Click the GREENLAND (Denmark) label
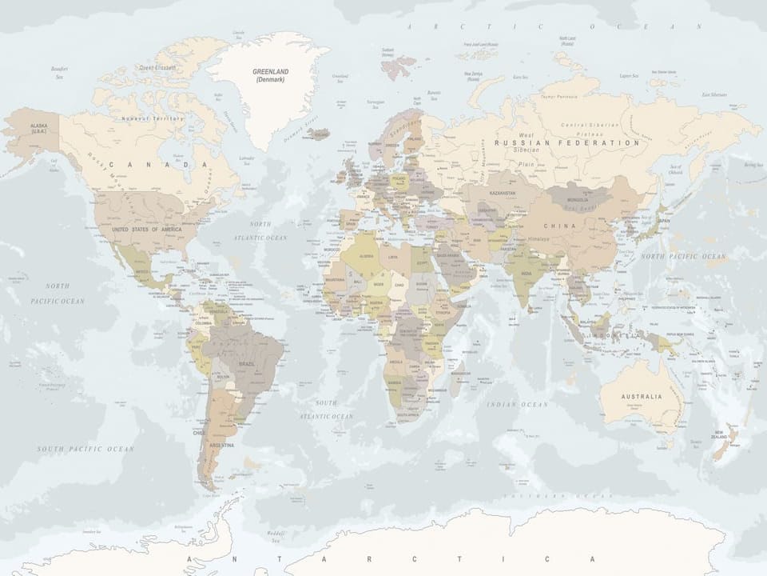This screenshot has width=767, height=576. (271, 75)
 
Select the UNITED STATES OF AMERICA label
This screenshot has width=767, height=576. (146, 230)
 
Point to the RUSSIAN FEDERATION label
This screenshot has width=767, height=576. (566, 143)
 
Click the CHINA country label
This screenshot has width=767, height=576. (558, 226)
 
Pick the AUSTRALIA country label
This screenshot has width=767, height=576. (642, 397)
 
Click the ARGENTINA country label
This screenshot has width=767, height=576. (221, 445)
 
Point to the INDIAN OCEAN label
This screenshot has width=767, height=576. (518, 405)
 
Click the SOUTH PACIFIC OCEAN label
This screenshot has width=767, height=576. (85, 449)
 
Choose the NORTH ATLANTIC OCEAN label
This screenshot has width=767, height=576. (260, 231)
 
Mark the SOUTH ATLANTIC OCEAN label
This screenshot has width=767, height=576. (326, 410)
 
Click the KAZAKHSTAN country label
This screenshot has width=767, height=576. (502, 194)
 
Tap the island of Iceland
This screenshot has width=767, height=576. (320, 134)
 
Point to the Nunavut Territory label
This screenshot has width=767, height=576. (152, 118)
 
